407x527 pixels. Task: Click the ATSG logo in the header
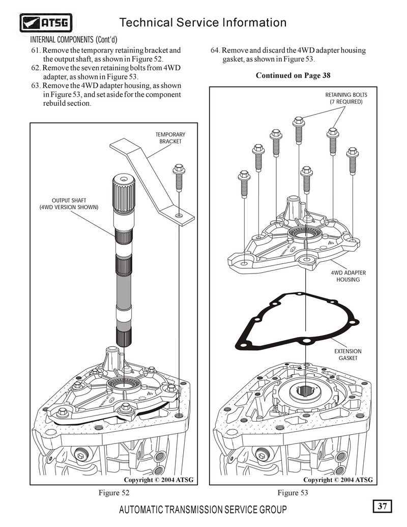[x=46, y=23]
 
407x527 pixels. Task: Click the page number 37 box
[x=383, y=506]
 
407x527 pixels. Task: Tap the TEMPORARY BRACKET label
[x=170, y=138]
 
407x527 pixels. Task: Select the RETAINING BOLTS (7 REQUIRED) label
[x=346, y=98]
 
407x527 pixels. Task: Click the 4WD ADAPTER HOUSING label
[x=348, y=276]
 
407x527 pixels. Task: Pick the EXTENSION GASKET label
[x=348, y=354]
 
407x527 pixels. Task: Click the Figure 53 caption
[x=293, y=492]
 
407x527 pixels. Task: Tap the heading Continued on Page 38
[x=293, y=75]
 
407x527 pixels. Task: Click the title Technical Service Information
[x=202, y=22]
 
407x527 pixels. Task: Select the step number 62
[x=35, y=68]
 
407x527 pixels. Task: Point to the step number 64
[x=215, y=50]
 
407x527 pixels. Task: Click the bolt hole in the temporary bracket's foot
[x=179, y=216]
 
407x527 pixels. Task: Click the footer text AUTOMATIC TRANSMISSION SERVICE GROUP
[x=202, y=510]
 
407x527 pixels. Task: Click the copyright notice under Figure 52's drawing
[x=159, y=480]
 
